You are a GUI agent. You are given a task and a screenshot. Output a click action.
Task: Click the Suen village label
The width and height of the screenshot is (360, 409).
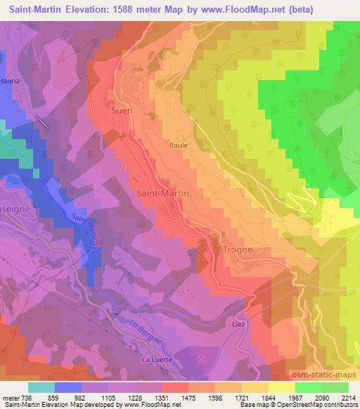(x=122, y=110)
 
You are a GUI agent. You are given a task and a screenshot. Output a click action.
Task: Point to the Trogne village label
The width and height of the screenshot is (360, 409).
(x=237, y=250)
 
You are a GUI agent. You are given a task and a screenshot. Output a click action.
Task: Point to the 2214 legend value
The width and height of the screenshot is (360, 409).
(x=349, y=398)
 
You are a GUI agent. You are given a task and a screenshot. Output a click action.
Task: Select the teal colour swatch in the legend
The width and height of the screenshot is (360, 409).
(x=41, y=387)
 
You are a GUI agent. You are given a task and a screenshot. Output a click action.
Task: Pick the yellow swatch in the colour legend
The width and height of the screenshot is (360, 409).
(x=281, y=387)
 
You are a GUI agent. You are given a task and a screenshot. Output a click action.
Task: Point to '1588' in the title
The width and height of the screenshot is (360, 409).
(x=120, y=9)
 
